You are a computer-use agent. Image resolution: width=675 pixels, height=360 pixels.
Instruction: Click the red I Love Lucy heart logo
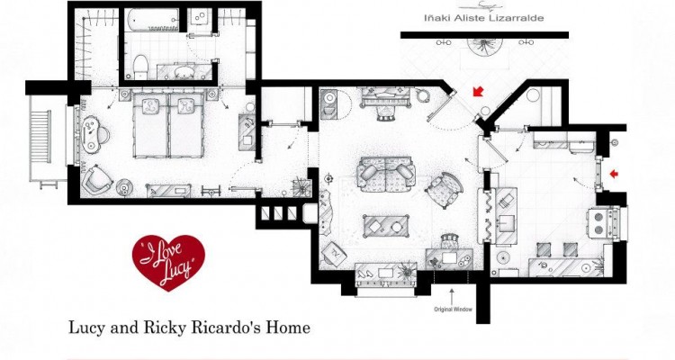(168, 262)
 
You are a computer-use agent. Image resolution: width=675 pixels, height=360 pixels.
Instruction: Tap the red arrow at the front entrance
(478, 91)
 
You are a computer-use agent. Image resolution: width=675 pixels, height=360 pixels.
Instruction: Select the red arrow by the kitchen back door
(615, 174)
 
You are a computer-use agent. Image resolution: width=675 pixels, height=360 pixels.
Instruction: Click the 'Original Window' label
(453, 310)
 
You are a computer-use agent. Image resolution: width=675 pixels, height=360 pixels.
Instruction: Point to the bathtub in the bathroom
(152, 20)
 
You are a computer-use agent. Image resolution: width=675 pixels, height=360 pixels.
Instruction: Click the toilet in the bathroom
(140, 67)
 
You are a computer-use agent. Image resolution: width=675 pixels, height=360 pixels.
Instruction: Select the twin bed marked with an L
(150, 125)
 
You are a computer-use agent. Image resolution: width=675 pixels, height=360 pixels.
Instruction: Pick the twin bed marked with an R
(186, 125)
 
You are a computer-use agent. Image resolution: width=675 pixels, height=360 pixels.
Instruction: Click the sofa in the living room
(386, 175)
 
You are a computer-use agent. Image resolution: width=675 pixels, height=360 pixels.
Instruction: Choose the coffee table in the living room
(385, 226)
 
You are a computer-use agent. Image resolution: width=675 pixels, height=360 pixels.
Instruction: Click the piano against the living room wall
(387, 98)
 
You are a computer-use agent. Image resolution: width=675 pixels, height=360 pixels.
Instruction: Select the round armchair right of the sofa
(445, 189)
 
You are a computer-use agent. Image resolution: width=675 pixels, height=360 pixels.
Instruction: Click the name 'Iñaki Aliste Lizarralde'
(484, 18)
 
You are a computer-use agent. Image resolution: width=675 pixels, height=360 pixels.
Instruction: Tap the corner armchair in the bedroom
(97, 180)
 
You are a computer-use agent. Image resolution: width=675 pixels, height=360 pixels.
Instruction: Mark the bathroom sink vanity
(184, 71)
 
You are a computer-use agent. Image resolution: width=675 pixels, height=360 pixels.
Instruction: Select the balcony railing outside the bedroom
(40, 137)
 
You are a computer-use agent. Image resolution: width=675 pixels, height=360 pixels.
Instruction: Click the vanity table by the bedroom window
(94, 134)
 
